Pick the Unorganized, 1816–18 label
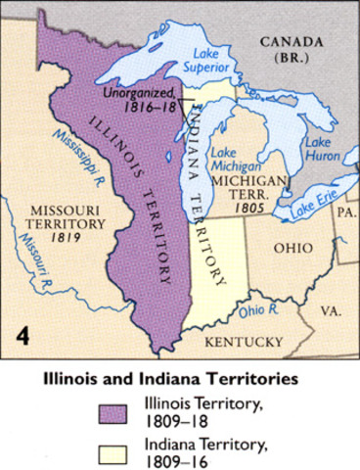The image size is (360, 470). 143,99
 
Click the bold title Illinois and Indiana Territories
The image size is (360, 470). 179,376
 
